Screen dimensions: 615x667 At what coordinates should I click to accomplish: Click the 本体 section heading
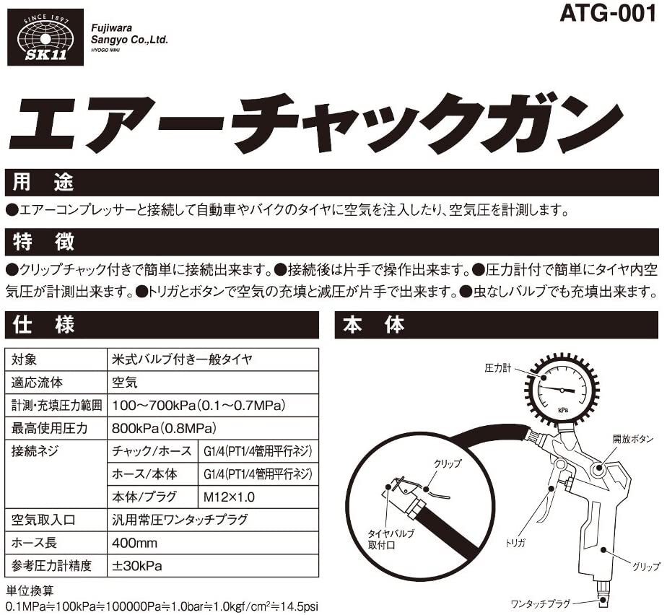click(x=374, y=326)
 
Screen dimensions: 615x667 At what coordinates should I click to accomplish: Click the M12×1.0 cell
click(x=227, y=497)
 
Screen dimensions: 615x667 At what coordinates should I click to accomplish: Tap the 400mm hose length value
click(x=135, y=542)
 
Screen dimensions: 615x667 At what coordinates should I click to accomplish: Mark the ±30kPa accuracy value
click(x=137, y=565)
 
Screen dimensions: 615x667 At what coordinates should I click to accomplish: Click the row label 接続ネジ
click(x=35, y=451)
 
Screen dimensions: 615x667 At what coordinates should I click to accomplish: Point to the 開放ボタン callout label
click(x=634, y=438)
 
